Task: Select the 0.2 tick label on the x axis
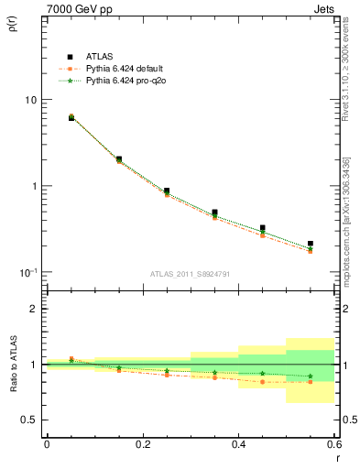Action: [142, 444]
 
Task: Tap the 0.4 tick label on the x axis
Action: [238, 444]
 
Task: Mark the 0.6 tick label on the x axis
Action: [333, 444]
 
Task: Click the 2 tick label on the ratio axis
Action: [33, 309]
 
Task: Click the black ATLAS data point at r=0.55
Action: [311, 244]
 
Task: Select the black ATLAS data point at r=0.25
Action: [167, 191]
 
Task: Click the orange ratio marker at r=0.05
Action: [71, 359]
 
